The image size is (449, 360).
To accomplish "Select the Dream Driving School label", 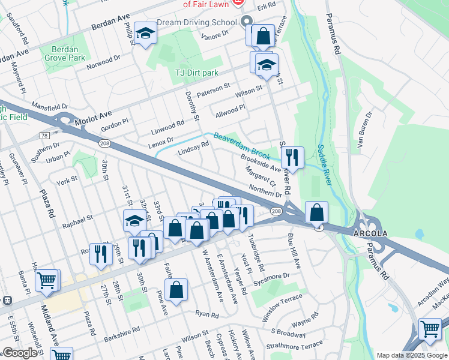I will tap(197, 23).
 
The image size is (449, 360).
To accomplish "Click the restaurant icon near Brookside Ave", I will tap(292, 157).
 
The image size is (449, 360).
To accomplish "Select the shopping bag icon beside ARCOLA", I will tap(316, 212).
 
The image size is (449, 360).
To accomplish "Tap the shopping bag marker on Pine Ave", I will tap(176, 290).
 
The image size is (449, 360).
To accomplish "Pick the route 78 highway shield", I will tap(44, 136).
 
